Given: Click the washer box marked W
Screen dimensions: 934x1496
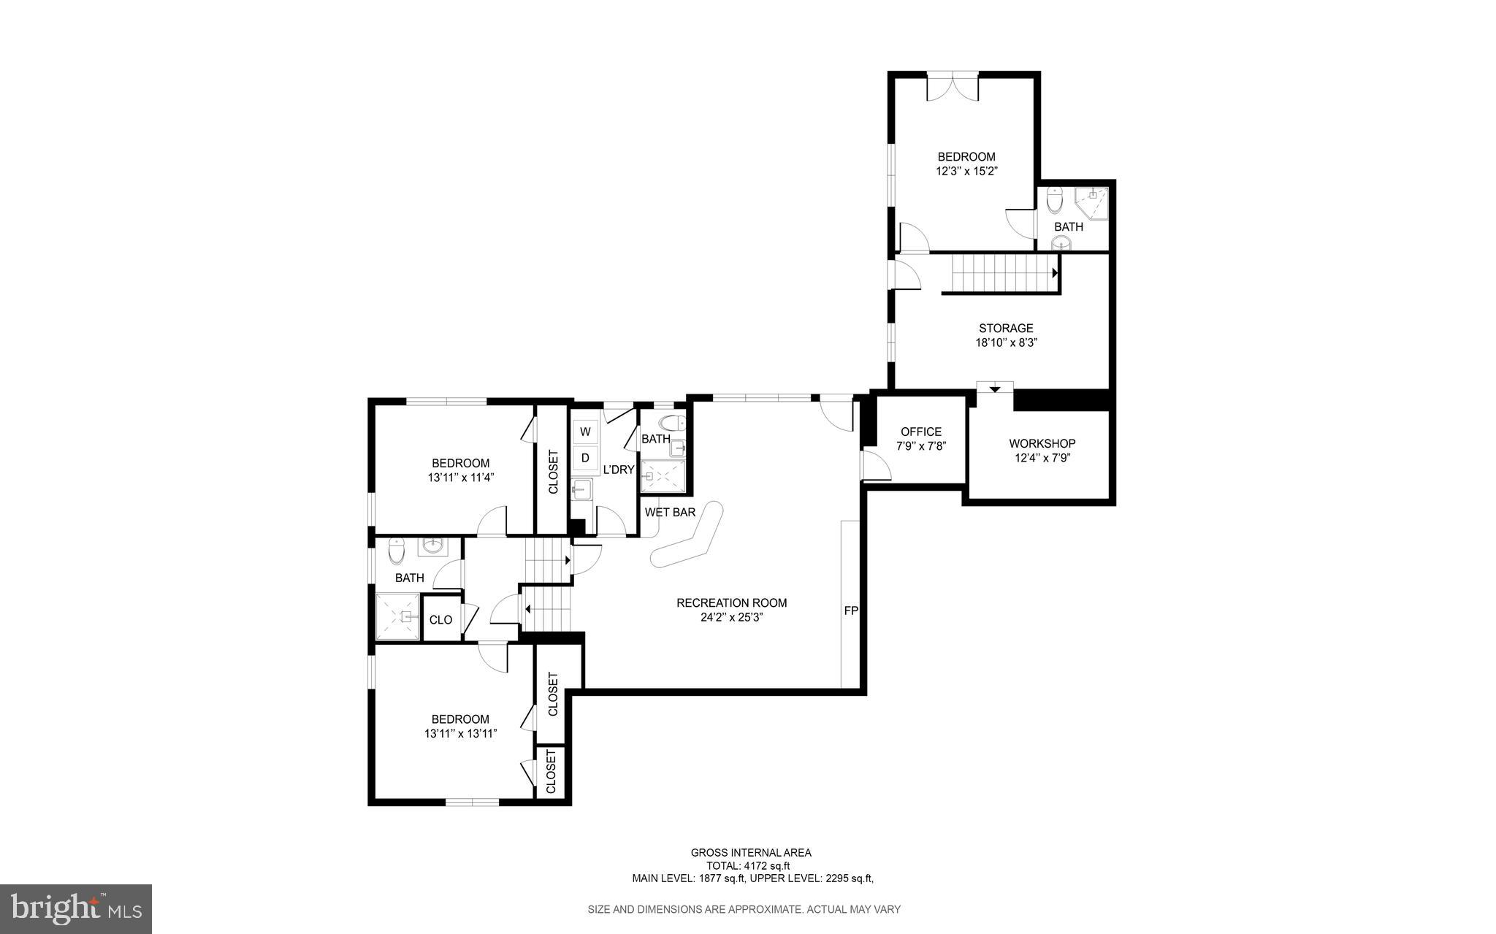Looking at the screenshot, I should pos(585,432).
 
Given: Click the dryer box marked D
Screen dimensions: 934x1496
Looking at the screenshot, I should pos(585,458).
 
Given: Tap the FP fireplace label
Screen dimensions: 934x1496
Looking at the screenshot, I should pos(851,610).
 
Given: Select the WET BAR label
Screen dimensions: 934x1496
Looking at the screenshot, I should pos(670,513).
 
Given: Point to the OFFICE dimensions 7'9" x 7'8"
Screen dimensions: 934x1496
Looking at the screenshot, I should pos(921,445).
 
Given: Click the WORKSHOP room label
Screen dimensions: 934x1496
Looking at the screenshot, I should pos(1042,443).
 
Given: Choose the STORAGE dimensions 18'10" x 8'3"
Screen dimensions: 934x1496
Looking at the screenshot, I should pos(1006,342).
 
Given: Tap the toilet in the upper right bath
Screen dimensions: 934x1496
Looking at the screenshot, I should pos(1054,199).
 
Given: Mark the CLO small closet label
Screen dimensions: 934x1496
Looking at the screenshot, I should pos(440,620).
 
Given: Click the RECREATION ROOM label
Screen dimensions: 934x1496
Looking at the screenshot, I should pos(731,602).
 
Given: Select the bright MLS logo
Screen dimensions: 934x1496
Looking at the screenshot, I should pos(76,908).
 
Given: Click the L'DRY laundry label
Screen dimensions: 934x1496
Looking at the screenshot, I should pos(618,470).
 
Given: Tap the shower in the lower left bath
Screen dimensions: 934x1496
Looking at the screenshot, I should pos(397,616).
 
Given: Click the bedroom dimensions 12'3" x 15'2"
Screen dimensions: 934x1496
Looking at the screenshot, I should pos(966,172).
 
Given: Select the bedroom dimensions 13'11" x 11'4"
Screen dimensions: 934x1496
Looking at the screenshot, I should pos(461,478).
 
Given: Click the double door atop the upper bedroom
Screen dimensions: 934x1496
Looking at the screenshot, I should pos(953,86).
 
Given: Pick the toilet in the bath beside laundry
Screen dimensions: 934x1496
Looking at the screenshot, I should pos(672,423).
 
